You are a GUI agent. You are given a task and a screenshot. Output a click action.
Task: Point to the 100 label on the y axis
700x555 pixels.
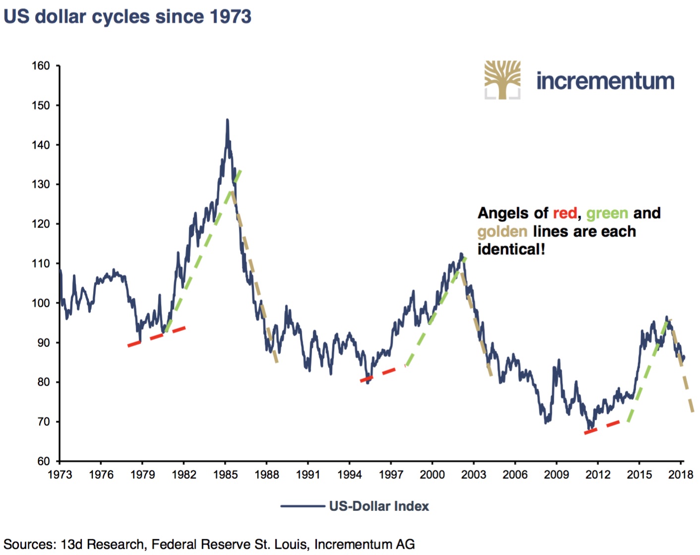pos(41,303)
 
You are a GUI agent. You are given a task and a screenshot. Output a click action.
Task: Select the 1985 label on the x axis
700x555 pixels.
pos(226,475)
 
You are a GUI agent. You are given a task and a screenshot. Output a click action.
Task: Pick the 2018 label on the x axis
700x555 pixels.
pos(681,475)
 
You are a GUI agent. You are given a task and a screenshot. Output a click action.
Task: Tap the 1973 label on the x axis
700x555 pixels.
pos(60,475)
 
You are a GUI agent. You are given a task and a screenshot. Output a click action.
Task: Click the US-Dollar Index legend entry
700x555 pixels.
pos(379,506)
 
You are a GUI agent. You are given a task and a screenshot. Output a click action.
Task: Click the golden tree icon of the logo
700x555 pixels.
pos(502,79)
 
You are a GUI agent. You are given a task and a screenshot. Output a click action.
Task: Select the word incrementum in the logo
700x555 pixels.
pos(605,81)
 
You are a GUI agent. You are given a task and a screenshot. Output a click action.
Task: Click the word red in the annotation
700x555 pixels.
pos(565,213)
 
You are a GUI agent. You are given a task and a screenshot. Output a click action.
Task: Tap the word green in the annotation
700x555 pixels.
pos(607,213)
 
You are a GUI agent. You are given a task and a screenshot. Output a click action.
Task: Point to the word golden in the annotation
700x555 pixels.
pos(502,231)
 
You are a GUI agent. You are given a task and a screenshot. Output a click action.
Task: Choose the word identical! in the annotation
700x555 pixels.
pos(511,249)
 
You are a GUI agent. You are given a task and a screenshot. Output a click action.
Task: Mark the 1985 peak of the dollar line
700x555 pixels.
pos(228,120)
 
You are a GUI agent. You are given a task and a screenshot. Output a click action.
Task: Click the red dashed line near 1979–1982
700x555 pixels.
pos(156,336)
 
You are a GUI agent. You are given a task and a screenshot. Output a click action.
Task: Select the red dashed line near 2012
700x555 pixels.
pos(602,428)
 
